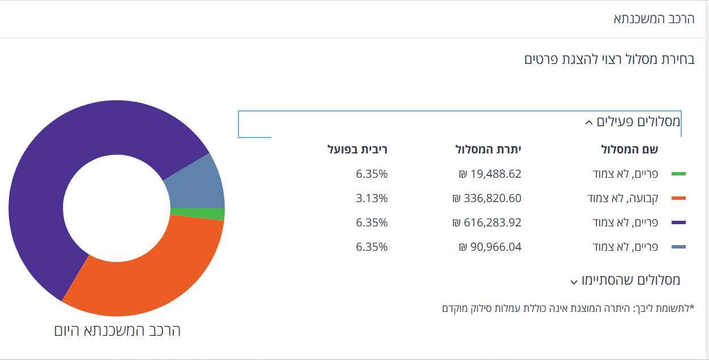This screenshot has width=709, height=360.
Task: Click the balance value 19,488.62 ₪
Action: [x=490, y=174]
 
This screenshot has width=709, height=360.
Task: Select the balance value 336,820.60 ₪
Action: [x=486, y=198]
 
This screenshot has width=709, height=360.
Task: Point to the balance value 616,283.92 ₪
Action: [x=486, y=222]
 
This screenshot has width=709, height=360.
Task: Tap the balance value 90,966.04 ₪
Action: [x=490, y=247]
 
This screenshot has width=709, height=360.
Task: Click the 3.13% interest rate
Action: [x=371, y=198]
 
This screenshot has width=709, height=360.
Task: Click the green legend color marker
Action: [x=678, y=174]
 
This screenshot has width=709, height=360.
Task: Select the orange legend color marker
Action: [x=678, y=198]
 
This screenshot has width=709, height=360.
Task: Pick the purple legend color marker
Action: [x=678, y=222]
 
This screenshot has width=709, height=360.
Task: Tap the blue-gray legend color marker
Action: [x=678, y=247]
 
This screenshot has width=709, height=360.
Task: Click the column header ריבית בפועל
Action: [x=358, y=149]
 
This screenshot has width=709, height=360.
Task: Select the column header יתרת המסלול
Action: [x=488, y=149]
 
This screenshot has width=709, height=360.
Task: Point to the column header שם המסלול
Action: [x=629, y=149]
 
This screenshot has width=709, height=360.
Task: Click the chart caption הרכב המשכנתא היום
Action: [x=117, y=331]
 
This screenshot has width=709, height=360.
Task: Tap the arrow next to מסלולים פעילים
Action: [x=588, y=122]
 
